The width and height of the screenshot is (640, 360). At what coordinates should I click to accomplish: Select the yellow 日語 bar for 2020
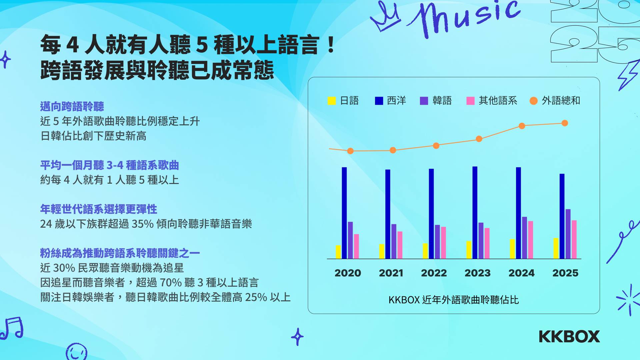[x=338, y=252]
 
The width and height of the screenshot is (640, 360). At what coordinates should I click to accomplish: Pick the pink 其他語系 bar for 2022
[x=443, y=243]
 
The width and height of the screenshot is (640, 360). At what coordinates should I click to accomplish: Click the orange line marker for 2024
[x=522, y=126]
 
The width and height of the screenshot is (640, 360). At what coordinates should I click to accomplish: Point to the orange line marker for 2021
[x=393, y=150]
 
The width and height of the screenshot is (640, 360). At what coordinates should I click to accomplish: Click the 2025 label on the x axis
[x=565, y=273]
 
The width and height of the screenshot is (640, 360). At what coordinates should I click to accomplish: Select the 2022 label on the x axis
[x=434, y=273]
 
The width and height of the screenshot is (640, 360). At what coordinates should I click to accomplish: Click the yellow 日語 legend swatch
[x=332, y=101]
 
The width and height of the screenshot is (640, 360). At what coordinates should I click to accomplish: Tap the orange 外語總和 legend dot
[x=533, y=101]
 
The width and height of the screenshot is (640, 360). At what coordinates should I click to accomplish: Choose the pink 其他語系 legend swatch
[x=470, y=101]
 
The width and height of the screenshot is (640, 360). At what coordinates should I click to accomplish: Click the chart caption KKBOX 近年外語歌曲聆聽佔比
[x=453, y=300]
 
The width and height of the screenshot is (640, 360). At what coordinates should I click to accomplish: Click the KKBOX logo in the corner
[x=569, y=337]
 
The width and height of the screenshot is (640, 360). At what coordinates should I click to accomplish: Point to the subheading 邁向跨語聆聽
[x=72, y=107]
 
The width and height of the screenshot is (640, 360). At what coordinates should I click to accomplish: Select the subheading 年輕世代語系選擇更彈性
[x=99, y=209]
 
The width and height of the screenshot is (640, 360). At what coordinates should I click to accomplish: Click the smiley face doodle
[x=77, y=352]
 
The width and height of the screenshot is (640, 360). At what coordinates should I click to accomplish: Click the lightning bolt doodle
[x=628, y=75]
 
